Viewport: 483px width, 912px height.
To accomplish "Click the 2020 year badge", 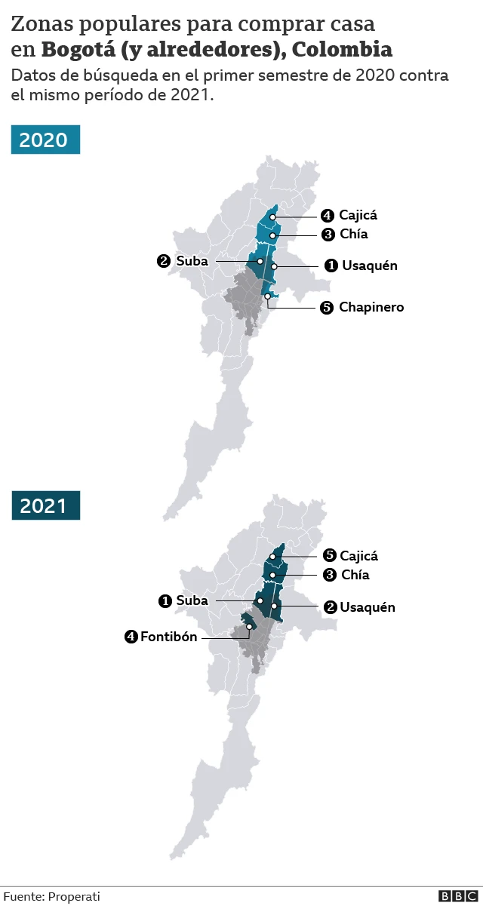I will click(45, 140).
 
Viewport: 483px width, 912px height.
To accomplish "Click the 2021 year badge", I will click(45, 505).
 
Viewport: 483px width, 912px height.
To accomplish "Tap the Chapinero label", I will click(371, 307).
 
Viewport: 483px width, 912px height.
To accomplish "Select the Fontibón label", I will click(168, 637).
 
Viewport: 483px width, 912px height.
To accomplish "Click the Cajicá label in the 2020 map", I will click(358, 215).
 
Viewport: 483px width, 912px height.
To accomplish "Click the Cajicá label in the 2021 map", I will click(358, 556).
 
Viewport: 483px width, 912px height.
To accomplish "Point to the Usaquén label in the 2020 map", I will click(369, 266).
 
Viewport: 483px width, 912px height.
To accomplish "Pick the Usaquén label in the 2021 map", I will click(367, 607).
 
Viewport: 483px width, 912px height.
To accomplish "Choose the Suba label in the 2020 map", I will click(192, 261).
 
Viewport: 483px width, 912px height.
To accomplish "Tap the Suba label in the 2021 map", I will click(192, 601).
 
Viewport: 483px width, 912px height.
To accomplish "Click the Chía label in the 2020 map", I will click(353, 234).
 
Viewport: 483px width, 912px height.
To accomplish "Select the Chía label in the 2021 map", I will click(355, 575).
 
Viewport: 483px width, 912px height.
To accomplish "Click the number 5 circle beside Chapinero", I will click(327, 308).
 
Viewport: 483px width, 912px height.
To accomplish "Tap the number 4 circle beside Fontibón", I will click(131, 637).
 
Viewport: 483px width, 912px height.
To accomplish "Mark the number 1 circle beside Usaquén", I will click(331, 266).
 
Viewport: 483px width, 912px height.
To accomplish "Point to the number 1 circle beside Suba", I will click(165, 601).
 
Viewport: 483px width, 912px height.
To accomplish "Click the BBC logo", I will click(458, 896).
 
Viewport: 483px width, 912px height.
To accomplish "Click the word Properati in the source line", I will click(74, 896).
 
